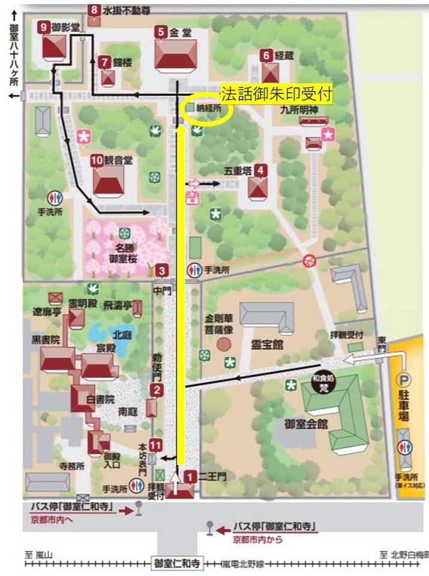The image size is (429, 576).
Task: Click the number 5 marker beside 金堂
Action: point(160,31)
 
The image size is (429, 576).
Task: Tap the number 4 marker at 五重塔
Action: point(260,170)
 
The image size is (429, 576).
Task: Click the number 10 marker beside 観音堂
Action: point(97,160)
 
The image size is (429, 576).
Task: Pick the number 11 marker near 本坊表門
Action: point(155,445)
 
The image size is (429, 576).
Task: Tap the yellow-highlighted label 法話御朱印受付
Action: point(277,94)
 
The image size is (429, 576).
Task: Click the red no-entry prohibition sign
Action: point(309,260)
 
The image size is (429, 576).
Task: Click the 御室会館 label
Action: point(307,424)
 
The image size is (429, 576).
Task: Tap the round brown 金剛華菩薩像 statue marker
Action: point(223,344)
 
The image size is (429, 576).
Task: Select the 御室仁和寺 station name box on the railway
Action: point(176,563)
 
